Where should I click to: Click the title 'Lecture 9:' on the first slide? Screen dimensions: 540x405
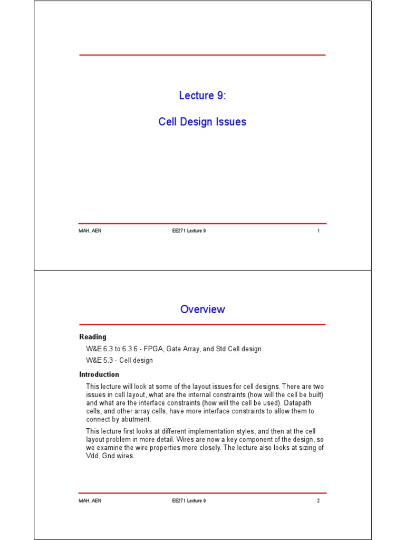[202, 96]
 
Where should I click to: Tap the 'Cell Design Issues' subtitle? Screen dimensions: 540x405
[202, 122]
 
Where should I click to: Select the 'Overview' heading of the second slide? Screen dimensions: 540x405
[202, 310]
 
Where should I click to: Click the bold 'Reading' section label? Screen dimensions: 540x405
[93, 337]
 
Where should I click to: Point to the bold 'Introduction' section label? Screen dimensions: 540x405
[99, 374]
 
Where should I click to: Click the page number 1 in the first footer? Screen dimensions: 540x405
[319, 231]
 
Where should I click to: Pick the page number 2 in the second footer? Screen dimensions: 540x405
[319, 500]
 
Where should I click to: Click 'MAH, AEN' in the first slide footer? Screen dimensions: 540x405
[90, 231]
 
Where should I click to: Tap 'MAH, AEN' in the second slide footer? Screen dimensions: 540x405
[90, 500]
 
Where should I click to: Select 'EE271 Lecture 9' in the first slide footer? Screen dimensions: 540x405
[185, 231]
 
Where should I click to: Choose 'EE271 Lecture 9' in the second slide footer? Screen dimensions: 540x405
[185, 500]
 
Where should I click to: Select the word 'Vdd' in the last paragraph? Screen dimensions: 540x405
[92, 456]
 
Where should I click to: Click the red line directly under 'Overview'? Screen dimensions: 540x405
[202, 324]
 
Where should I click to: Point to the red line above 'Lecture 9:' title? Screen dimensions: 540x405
[202, 55]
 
